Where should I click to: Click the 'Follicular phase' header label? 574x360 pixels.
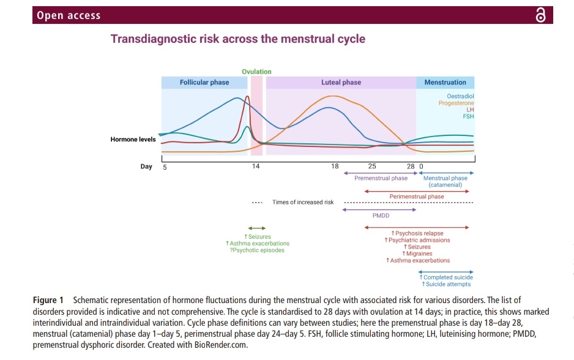coord(204,83)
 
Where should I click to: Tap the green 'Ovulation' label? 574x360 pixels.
coord(256,72)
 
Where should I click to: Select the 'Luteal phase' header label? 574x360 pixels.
coord(341,83)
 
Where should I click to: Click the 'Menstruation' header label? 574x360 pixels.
coord(445,83)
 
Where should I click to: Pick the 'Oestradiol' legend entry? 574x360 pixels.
coord(460,96)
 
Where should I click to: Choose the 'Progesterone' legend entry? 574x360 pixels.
coord(456,103)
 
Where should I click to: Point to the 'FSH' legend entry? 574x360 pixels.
coord(468,116)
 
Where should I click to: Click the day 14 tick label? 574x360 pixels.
coord(256,167)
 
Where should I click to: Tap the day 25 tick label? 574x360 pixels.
coord(371,167)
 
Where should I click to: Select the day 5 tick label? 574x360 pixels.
coord(165,167)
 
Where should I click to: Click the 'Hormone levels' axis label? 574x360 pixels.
coord(133,140)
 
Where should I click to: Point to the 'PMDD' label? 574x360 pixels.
coord(381,216)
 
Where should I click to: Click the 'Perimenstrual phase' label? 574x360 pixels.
coord(417,197)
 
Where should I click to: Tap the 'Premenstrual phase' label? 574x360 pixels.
coord(381,178)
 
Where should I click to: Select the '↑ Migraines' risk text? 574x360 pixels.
coord(417,253)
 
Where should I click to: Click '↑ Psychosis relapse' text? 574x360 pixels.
coord(417,233)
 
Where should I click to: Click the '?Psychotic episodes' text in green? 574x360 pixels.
coord(257,250)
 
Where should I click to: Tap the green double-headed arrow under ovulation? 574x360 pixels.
coord(257,228)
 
